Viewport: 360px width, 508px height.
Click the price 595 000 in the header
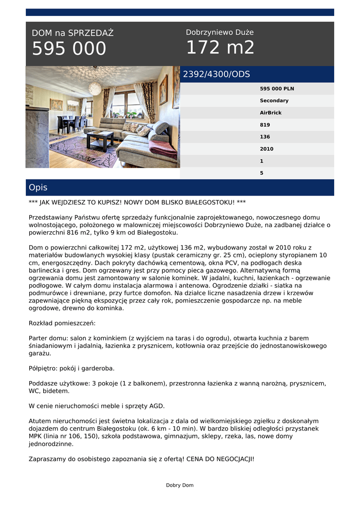(69, 49)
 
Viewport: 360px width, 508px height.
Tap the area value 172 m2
(220, 48)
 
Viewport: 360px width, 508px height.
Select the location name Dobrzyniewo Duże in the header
(219, 32)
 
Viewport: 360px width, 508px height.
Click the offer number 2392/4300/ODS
(216, 74)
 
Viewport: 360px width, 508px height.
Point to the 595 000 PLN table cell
(277, 89)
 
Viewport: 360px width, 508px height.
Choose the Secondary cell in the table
(274, 101)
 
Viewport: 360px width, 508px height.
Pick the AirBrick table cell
(271, 113)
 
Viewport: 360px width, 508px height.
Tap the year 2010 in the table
(267, 149)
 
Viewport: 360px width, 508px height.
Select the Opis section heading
(38, 188)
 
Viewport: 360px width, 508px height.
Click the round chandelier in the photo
(95, 88)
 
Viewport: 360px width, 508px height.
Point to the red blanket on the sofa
(162, 148)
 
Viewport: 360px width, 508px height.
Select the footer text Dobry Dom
(180, 485)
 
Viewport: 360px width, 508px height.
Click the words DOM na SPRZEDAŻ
(72, 33)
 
